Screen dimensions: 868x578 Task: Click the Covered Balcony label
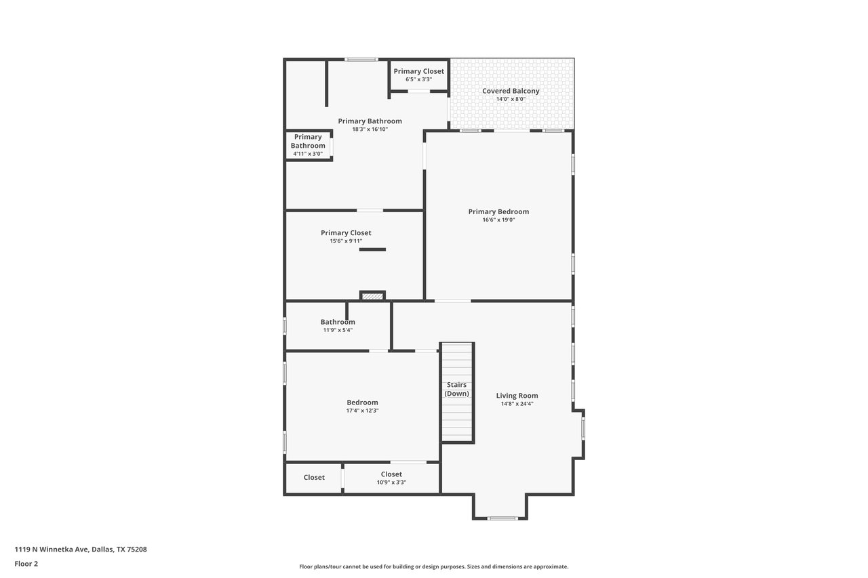[x=511, y=91]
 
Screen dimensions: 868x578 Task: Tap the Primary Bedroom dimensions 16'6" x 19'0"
[x=498, y=220]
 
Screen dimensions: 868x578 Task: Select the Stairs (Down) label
[x=457, y=389]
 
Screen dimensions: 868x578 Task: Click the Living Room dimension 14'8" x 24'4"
[x=517, y=404]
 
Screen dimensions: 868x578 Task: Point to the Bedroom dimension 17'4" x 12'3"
[x=362, y=411]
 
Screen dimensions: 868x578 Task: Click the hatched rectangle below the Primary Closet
[x=372, y=297]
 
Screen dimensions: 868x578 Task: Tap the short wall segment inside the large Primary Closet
[x=372, y=250]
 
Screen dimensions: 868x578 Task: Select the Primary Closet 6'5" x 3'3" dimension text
[x=419, y=79]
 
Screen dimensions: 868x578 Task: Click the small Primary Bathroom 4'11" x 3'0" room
[x=309, y=145]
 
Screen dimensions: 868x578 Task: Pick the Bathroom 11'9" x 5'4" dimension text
[x=338, y=330]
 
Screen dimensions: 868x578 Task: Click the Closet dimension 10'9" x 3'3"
[x=391, y=482]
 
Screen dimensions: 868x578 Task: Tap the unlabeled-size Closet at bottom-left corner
[x=314, y=478]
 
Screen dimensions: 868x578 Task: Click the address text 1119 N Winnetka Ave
[x=52, y=550]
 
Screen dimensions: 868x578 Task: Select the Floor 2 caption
[x=26, y=564]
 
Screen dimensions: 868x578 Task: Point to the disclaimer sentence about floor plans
[x=433, y=566]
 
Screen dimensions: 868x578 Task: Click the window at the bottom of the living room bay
[x=502, y=518]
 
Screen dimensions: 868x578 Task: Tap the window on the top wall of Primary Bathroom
[x=361, y=60]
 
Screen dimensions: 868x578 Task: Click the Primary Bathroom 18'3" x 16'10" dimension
[x=370, y=129]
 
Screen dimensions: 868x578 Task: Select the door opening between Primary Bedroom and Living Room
[x=452, y=301]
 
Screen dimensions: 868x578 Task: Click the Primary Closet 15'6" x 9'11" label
[x=346, y=236]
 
